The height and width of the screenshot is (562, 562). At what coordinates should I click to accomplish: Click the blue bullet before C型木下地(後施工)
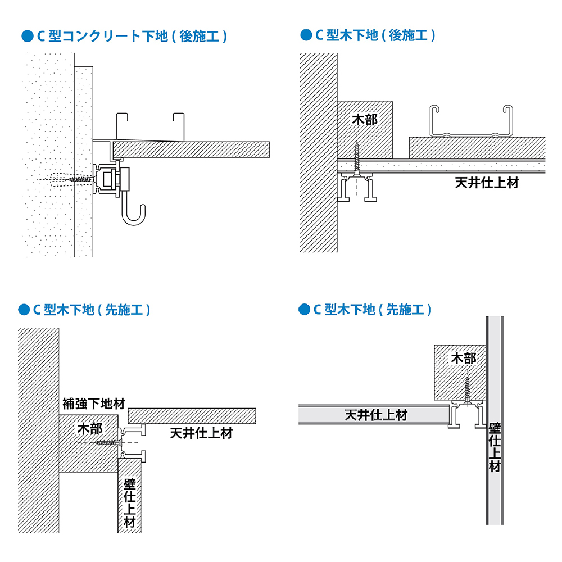pos(306,35)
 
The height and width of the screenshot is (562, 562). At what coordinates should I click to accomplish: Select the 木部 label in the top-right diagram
pos(364,120)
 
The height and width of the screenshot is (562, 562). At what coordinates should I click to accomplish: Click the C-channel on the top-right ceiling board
pos(470,121)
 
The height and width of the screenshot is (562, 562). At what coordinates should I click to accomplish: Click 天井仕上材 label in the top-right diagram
pos(487,183)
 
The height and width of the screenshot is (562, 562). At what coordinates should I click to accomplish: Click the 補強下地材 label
pos(93,404)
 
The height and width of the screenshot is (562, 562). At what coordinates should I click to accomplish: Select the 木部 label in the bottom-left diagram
pos(90,429)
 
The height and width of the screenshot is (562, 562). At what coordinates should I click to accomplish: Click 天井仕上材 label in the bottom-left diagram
pos(201,433)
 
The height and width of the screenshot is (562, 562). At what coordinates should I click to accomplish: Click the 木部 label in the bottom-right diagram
pos(464,359)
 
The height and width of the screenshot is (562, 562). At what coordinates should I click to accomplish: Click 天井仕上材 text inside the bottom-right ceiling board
pos(375,415)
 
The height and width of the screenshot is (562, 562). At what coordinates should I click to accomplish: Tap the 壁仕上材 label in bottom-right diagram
pos(494,447)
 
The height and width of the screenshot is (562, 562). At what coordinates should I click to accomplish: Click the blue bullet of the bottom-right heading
pos(305,310)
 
